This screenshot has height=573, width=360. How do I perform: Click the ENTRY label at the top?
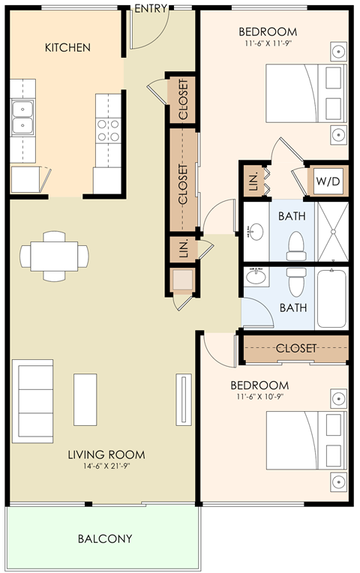tap(151, 8)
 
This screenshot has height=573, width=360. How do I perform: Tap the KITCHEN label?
tap(67, 47)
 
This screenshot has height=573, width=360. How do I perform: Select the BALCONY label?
tap(105, 538)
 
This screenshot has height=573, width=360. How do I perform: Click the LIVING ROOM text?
tap(106, 454)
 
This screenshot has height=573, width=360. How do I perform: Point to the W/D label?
tap(327, 181)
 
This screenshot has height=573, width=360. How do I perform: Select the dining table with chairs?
tap(54, 256)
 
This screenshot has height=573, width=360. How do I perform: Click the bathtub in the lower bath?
tap(331, 298)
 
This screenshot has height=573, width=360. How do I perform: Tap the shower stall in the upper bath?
tap(331, 232)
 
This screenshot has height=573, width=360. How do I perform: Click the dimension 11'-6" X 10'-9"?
tap(259, 397)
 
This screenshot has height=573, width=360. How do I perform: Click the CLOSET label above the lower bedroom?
tap(296, 349)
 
